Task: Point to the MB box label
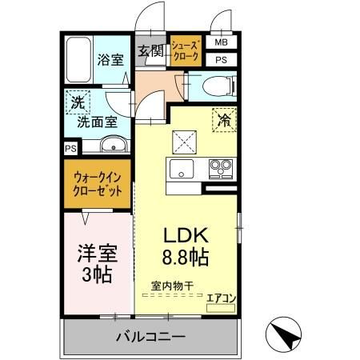click(x=220, y=43)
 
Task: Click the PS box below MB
click(x=220, y=59)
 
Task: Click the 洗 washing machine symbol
click(x=78, y=102)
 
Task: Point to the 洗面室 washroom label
click(x=97, y=123)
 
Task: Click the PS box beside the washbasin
click(x=70, y=148)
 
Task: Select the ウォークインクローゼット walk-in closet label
click(x=98, y=185)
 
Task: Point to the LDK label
click(x=186, y=236)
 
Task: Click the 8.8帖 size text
click(x=186, y=258)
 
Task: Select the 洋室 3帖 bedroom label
click(x=97, y=264)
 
